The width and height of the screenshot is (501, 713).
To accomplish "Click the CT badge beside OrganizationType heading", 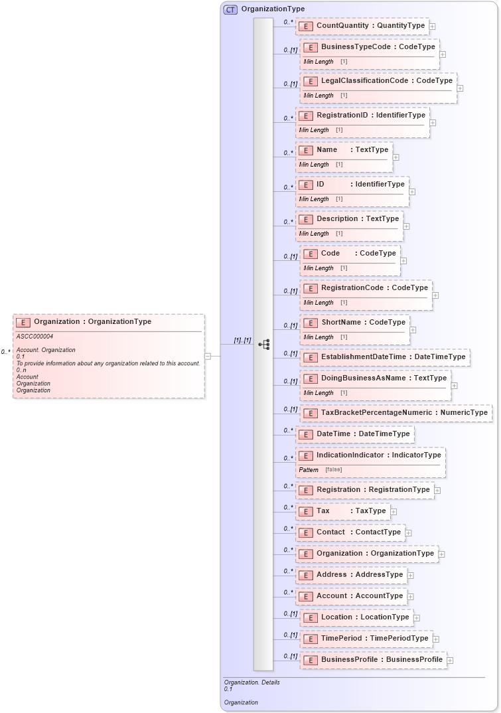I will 230,9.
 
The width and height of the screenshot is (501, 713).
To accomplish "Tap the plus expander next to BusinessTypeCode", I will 443,54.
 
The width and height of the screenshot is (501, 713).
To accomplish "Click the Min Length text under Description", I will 314,234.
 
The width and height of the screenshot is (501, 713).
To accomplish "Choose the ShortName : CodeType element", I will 363,323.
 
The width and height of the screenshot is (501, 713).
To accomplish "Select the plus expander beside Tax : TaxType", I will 394,512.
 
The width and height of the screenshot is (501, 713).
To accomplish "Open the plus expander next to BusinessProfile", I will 450,661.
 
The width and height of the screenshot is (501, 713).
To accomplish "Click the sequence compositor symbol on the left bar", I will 263,344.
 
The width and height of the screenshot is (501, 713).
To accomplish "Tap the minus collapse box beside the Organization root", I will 208,356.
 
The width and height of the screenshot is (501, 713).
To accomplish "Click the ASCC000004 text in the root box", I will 35,337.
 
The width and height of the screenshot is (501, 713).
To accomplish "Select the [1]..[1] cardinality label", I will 242,341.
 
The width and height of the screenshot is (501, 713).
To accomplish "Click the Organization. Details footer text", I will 251,682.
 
